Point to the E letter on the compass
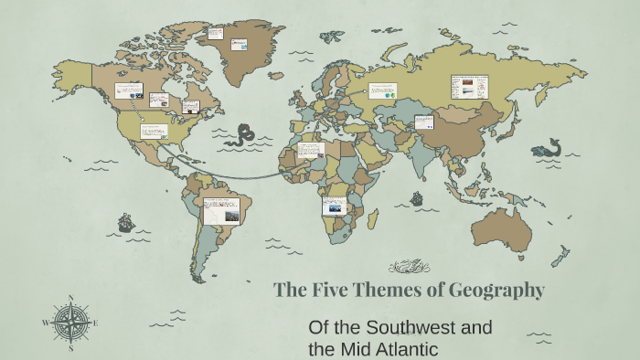(x=95, y=323)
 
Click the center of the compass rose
(x=70, y=323)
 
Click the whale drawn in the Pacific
(x=552, y=148)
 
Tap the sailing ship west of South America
(x=125, y=222)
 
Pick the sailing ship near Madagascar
(x=417, y=197)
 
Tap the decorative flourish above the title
(x=410, y=267)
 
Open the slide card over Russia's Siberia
(x=470, y=87)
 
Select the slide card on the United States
(x=154, y=131)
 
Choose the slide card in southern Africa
(x=335, y=206)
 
